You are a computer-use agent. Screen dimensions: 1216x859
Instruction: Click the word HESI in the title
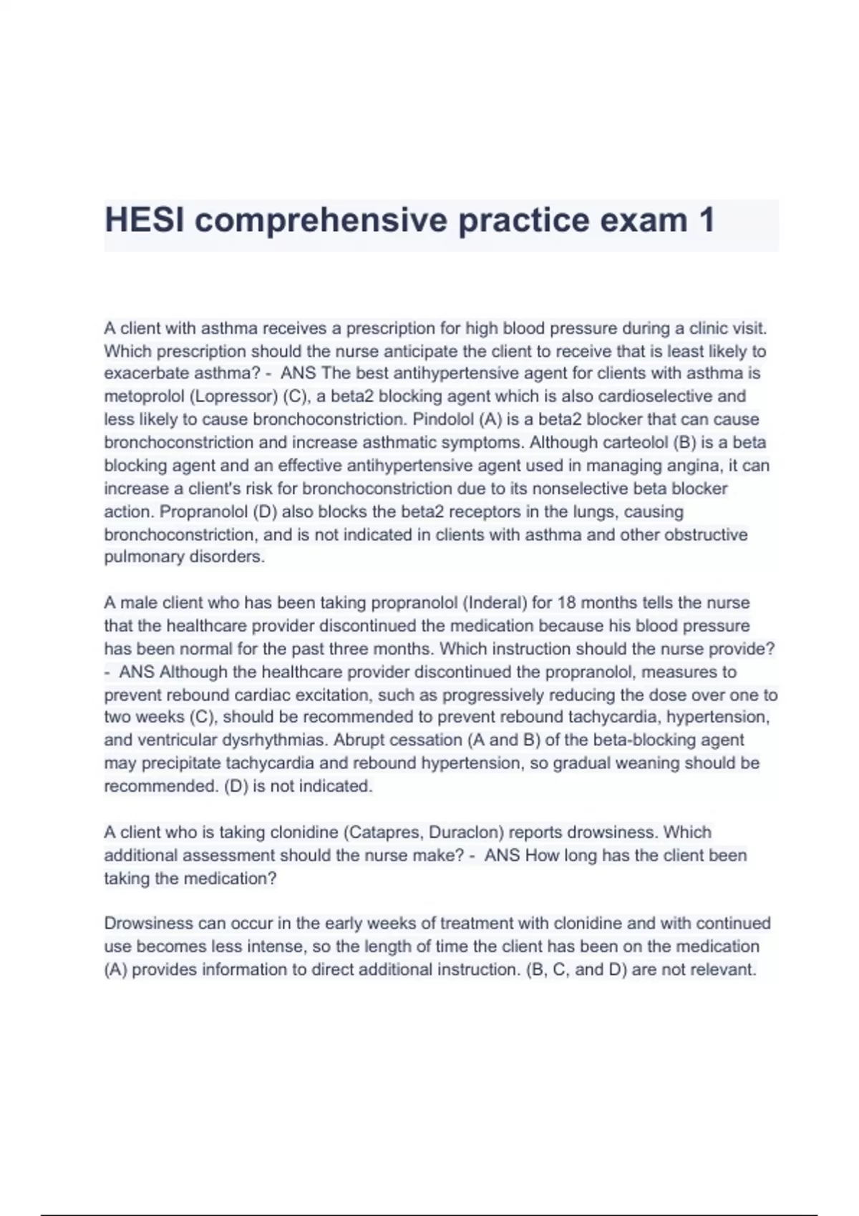(145, 220)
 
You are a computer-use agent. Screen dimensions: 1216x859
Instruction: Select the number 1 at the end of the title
(706, 220)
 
